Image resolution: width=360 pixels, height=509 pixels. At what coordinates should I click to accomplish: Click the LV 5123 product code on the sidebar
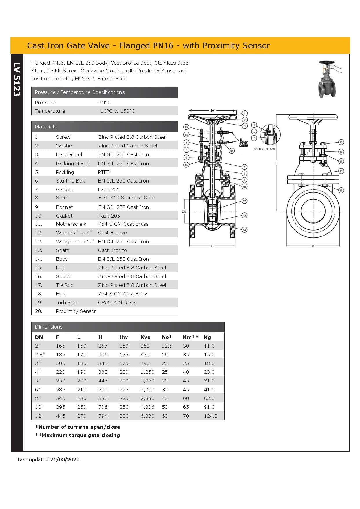click(17, 79)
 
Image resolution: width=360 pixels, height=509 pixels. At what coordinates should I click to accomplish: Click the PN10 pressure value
click(104, 103)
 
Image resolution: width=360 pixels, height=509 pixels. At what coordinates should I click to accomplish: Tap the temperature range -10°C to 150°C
click(116, 111)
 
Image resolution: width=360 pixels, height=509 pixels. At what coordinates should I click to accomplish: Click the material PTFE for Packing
click(104, 172)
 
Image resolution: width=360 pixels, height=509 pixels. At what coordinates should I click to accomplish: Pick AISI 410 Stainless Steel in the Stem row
click(127, 198)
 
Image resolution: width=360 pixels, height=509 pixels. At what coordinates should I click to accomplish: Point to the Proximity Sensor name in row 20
click(76, 311)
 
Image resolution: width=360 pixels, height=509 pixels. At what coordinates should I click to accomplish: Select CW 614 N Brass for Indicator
click(117, 302)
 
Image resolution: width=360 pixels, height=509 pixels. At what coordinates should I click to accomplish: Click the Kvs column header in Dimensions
click(145, 337)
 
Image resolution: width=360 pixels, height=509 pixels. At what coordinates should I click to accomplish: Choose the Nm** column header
click(190, 337)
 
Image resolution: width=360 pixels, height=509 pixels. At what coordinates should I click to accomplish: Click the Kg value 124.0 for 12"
click(210, 416)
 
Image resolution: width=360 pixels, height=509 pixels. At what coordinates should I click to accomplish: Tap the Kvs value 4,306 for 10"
click(147, 407)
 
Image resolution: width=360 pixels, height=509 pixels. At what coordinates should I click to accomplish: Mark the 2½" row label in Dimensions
click(40, 355)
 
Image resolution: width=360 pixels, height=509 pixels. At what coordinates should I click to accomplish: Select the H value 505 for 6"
click(103, 390)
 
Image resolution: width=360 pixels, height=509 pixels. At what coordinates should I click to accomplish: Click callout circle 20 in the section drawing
click(231, 151)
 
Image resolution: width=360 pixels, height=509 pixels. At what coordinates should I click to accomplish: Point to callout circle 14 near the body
click(244, 230)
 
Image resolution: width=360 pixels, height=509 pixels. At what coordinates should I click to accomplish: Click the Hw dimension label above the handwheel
click(212, 110)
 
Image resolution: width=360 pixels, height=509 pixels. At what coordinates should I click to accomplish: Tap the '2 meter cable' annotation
click(243, 142)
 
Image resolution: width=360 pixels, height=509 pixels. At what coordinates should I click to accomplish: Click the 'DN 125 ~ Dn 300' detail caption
click(264, 149)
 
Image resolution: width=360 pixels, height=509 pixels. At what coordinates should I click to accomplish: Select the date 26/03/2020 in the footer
click(65, 459)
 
